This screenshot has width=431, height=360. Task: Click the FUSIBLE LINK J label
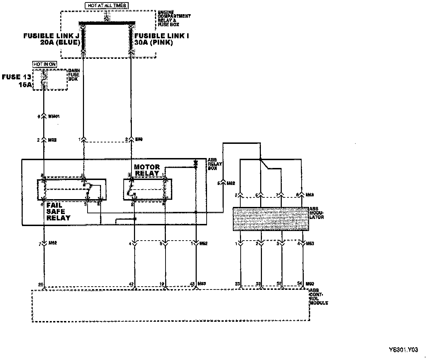51,36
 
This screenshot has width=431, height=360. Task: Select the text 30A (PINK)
154,43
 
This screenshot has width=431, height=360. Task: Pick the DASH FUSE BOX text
74,75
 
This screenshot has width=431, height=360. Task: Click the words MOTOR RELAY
147,170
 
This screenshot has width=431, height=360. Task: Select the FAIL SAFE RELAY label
58,212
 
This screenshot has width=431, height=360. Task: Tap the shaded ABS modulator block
270,219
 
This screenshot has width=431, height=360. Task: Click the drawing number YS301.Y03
403,350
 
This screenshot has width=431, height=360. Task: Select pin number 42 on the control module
132,284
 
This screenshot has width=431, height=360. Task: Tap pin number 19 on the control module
162,284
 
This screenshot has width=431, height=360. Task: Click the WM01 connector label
53,116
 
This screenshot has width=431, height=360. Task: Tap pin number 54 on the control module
300,284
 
